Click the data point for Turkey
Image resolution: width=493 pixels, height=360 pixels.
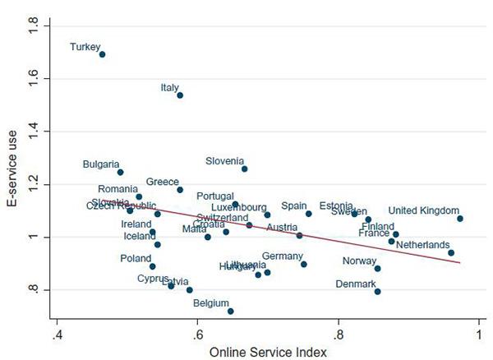(102, 54)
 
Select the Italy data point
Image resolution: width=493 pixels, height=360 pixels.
(180, 95)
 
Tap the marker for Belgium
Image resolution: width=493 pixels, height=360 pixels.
(231, 311)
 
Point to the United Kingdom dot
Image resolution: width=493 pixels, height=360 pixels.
(460, 219)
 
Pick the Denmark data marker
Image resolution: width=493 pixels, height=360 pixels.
(377, 291)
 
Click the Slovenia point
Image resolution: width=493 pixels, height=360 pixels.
(244, 169)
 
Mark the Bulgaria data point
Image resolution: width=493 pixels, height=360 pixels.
(120, 172)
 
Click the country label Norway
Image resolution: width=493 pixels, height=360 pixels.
(359, 261)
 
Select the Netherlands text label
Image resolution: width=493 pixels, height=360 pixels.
(423, 244)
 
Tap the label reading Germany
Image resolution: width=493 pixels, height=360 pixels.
(283, 256)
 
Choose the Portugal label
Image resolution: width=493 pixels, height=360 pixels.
(215, 196)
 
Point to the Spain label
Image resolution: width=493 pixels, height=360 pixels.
(294, 205)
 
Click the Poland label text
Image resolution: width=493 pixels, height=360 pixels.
(136, 258)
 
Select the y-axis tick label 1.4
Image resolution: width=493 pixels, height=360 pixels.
(32, 132)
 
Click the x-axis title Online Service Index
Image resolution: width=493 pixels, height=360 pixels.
(267, 352)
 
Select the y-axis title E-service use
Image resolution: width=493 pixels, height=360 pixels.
(11, 173)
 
